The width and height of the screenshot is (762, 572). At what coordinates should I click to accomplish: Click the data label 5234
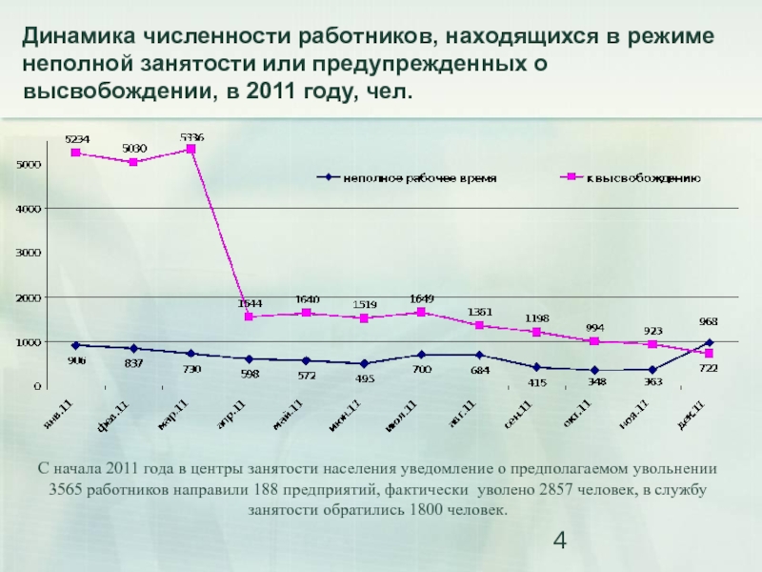point(77,139)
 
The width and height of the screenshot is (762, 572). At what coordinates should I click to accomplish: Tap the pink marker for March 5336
point(191,150)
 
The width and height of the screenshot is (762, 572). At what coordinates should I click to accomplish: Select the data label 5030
point(134,148)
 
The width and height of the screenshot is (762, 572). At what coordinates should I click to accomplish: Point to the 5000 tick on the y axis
point(27,164)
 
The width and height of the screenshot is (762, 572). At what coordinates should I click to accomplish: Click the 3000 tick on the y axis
point(27,253)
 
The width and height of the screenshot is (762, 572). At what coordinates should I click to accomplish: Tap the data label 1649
point(421,298)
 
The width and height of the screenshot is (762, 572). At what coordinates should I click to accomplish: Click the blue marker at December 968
point(710,342)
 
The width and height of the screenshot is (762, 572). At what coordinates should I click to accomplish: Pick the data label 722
point(710,368)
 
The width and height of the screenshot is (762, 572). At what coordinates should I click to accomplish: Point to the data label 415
point(538,382)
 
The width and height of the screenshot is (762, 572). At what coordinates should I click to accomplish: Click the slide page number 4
point(560,542)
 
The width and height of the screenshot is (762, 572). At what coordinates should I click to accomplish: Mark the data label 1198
point(538,317)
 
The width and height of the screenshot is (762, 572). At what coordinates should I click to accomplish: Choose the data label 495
point(365,378)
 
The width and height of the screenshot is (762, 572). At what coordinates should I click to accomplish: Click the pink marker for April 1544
point(250,317)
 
